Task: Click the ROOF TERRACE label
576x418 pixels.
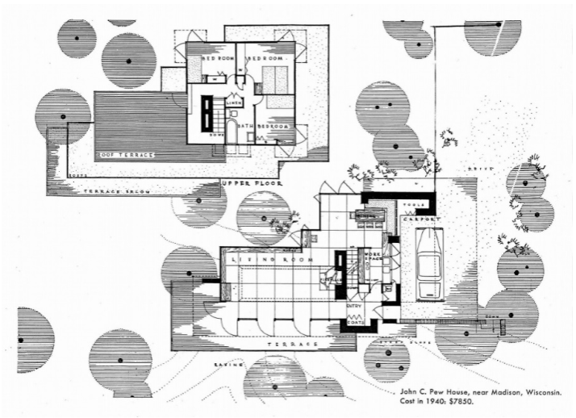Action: pos(125,153)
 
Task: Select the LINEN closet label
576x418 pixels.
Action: pos(235,102)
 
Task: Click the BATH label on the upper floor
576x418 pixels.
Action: pos(245,127)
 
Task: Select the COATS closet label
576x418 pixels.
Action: pos(357,322)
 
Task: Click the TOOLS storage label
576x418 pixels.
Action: pos(409,206)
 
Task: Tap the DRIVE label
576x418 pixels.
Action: pos(474,168)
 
